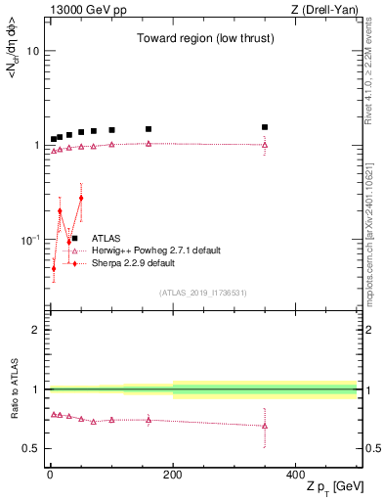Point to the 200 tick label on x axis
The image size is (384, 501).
(173, 474)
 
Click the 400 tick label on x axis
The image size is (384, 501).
(296, 474)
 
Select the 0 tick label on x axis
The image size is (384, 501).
(50, 474)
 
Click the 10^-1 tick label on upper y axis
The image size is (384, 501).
(29, 240)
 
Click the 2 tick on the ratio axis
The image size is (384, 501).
(36, 330)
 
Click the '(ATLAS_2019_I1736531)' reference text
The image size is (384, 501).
(203, 293)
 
